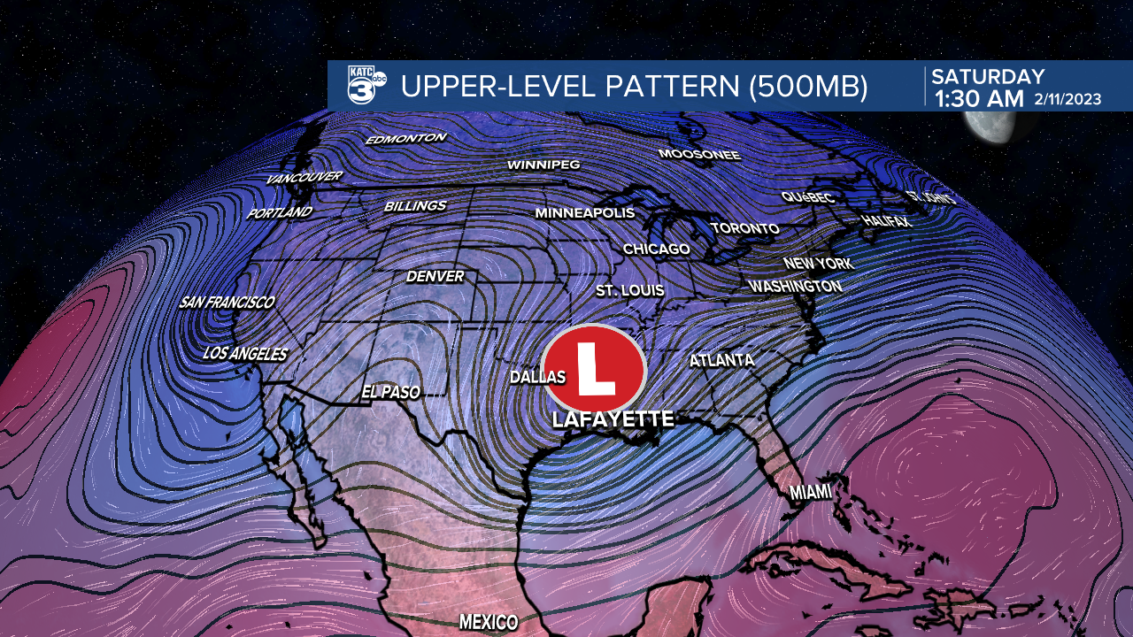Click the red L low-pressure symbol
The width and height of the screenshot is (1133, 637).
pyautogui.click(x=593, y=371)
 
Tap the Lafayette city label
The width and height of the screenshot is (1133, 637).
pyautogui.click(x=613, y=419)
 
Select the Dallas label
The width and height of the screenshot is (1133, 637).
pyautogui.click(x=537, y=377)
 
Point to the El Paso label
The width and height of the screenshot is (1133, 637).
pyautogui.click(x=390, y=392)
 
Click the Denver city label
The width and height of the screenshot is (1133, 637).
pyautogui.click(x=435, y=277)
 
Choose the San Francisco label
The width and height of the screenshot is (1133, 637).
pyautogui.click(x=227, y=303)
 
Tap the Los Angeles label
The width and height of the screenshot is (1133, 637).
pyautogui.click(x=245, y=354)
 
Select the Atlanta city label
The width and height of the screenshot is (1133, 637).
pyautogui.click(x=721, y=360)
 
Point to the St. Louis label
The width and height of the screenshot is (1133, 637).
pyautogui.click(x=629, y=290)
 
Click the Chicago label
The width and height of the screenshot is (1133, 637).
pyautogui.click(x=656, y=249)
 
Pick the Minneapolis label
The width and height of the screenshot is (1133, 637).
pyautogui.click(x=585, y=213)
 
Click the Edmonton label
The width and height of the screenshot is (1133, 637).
pyautogui.click(x=406, y=139)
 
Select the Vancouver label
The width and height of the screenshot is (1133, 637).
pyautogui.click(x=304, y=178)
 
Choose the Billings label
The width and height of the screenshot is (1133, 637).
pyautogui.click(x=415, y=206)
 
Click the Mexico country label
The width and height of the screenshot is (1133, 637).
pyautogui.click(x=488, y=622)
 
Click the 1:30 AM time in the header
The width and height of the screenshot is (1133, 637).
pyautogui.click(x=979, y=98)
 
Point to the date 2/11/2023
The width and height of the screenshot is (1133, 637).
pyautogui.click(x=1067, y=99)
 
